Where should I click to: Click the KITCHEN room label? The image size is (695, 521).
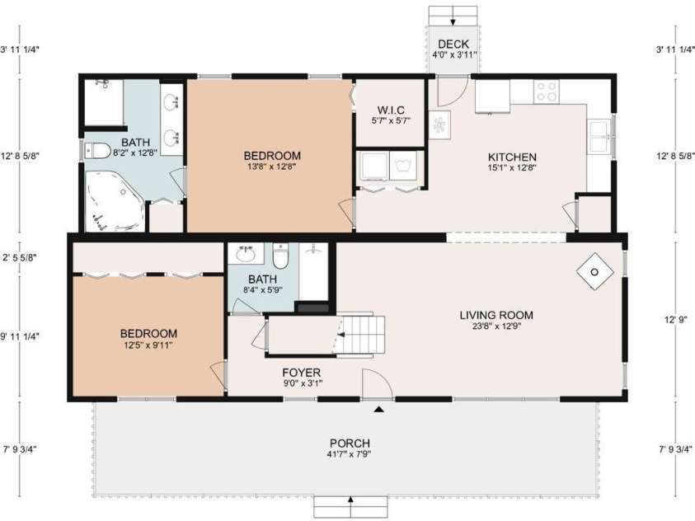[512, 157]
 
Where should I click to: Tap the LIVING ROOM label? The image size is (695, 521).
[496, 315]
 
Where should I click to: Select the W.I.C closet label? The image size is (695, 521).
[391, 110]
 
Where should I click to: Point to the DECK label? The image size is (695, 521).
[453, 44]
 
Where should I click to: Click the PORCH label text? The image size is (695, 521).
[350, 443]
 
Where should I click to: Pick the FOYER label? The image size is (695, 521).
[302, 373]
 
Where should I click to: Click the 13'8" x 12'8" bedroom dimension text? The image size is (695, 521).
[272, 167]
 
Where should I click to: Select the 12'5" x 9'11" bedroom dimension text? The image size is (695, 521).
[148, 345]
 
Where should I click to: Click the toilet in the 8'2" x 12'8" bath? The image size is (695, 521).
[97, 151]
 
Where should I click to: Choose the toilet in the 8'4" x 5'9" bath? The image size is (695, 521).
[280, 256]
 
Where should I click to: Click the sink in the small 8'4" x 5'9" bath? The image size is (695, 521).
[245, 253]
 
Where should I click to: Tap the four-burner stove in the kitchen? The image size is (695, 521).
[547, 92]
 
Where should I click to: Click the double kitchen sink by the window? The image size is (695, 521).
[599, 137]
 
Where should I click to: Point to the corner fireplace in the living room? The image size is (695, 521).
[594, 271]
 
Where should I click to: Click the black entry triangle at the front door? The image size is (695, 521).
[378, 410]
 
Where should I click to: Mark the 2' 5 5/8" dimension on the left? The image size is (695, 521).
[20, 257]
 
